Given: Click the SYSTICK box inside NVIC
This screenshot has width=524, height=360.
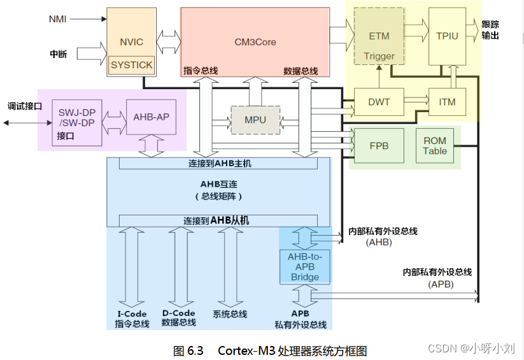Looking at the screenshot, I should coord(132,65).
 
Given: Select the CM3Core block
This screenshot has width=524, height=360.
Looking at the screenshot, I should coord(255,43).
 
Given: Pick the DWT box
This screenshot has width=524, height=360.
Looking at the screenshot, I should coord(379,102).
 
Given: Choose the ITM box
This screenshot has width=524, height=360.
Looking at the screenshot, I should coord(447,102).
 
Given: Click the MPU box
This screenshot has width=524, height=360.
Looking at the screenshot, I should coord(255,120).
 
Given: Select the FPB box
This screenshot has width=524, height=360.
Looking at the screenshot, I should coord(379,145).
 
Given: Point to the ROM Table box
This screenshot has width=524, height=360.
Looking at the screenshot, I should coord(435,145).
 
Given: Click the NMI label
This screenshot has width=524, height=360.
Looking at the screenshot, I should coord(57,18).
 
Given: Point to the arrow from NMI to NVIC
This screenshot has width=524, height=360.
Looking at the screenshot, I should coord(88,19).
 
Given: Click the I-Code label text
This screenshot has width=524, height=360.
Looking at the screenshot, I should coord(132,313).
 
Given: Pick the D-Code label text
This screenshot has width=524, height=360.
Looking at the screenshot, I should coord(178,313).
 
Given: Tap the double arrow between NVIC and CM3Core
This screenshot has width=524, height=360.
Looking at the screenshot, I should coord(167,43).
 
